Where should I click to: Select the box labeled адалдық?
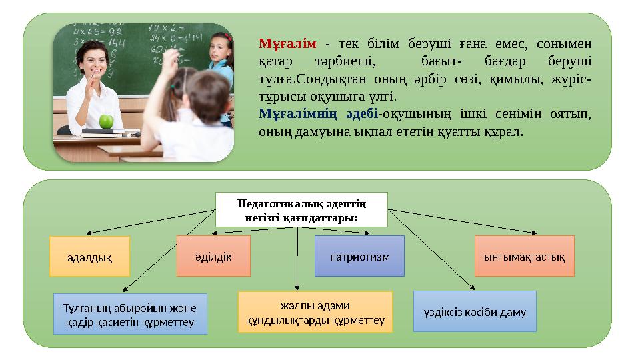(x=90, y=257)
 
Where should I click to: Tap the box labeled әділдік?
(x=213, y=256)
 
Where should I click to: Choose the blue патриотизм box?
(x=359, y=256)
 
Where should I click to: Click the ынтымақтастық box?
(x=524, y=256)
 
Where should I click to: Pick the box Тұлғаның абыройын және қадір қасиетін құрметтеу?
(x=130, y=313)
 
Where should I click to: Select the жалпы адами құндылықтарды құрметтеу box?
(x=315, y=311)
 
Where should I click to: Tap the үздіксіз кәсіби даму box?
(x=475, y=311)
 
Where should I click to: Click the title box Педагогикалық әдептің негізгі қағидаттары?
(x=301, y=209)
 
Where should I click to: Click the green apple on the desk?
(x=105, y=121)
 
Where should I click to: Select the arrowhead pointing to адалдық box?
(x=88, y=233)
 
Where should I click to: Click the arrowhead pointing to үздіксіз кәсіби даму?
(x=473, y=289)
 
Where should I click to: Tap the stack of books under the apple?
(x=107, y=132)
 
